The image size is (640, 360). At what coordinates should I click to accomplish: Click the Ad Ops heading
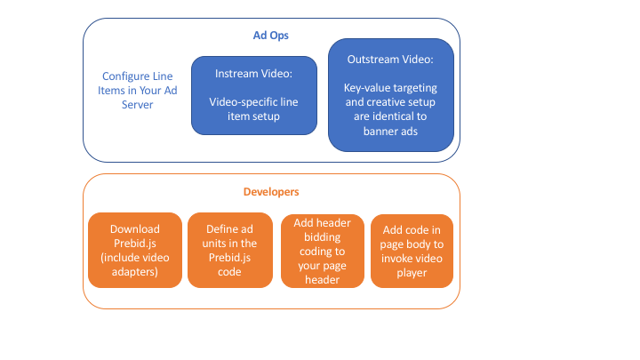(271, 35)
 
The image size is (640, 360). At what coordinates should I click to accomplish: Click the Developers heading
(271, 191)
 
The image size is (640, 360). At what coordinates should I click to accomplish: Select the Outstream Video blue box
(391, 93)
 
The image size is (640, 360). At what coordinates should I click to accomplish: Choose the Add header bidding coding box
(322, 251)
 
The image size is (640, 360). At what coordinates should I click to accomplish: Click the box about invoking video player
(412, 251)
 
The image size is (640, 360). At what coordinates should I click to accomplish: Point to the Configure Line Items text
(138, 91)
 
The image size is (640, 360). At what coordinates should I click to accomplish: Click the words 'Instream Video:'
(253, 73)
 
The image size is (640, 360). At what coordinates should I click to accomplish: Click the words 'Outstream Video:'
(391, 59)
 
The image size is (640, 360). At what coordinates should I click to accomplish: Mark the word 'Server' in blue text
(138, 105)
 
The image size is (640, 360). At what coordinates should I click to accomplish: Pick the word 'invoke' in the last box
(397, 258)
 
